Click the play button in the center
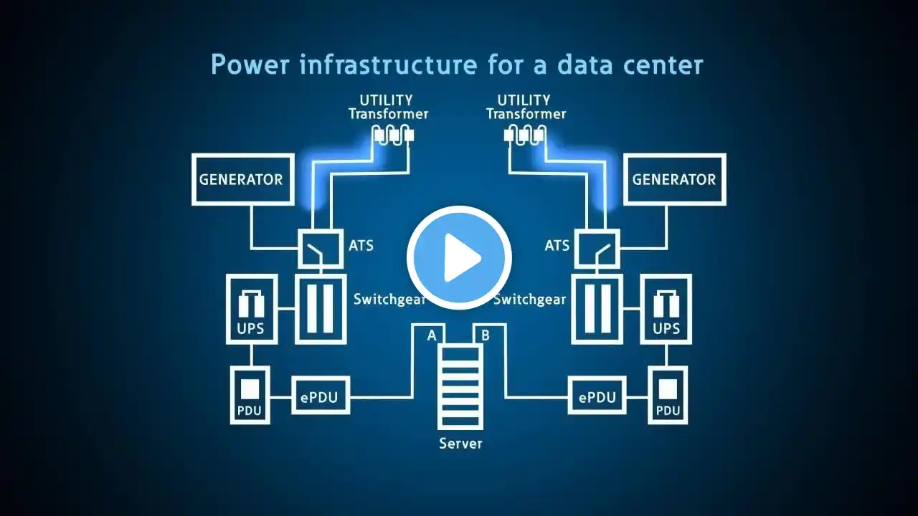(459, 257)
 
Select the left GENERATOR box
(242, 179)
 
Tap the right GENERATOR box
(674, 179)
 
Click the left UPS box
(250, 309)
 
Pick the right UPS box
(666, 309)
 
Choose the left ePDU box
(320, 396)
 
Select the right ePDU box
(597, 396)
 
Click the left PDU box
(250, 395)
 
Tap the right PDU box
(668, 395)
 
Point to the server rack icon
(460, 386)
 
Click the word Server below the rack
(460, 444)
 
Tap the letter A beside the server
(432, 335)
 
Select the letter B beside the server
(486, 335)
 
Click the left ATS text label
(361, 245)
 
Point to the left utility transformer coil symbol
(393, 134)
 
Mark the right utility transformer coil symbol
(526, 134)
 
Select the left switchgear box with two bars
(321, 309)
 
